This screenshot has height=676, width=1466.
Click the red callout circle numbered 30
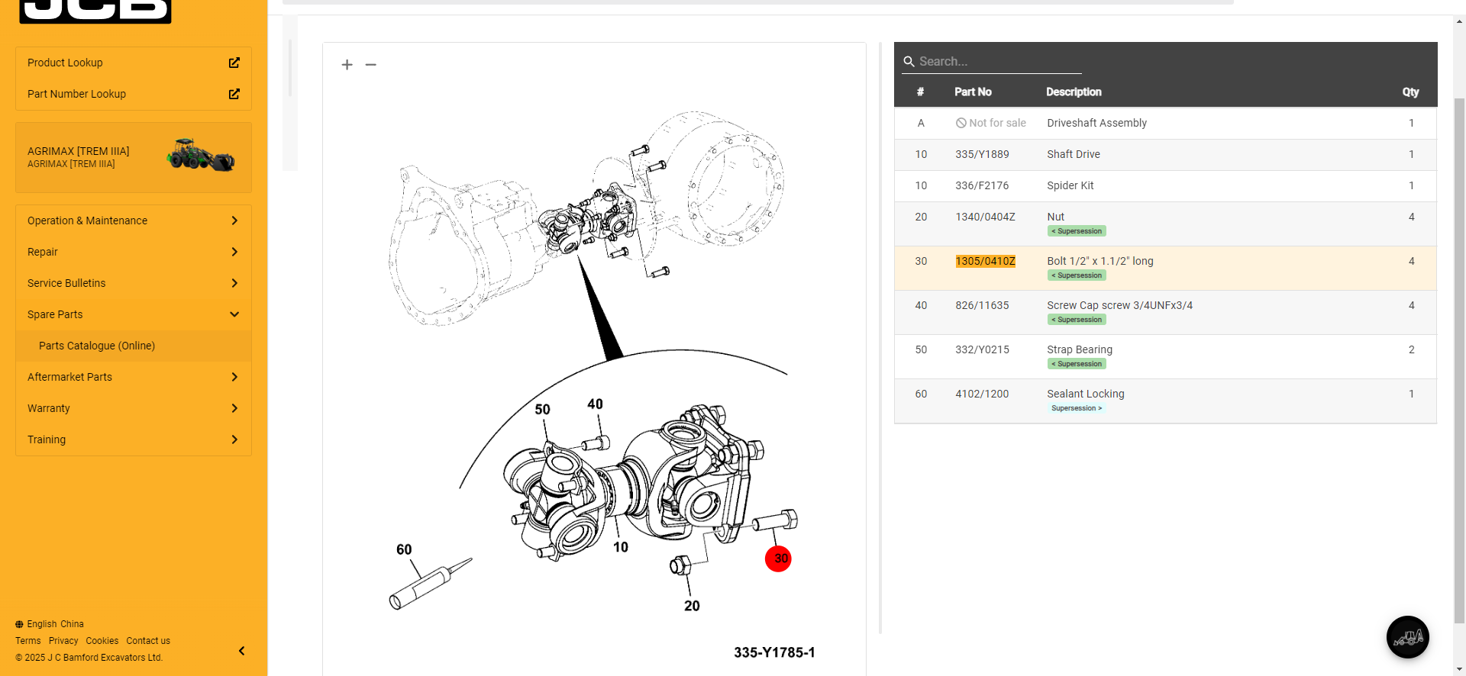point(778,559)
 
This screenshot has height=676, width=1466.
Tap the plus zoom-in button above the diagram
point(347,65)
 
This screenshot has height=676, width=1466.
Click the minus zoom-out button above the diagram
point(371,65)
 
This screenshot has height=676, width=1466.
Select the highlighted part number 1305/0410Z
point(985,261)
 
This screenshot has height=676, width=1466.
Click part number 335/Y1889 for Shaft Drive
point(982,154)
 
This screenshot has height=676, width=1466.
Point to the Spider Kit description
point(1070,185)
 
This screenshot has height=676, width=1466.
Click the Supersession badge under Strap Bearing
point(1077,364)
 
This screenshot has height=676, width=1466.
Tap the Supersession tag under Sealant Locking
point(1077,408)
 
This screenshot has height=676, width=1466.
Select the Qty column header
point(1410,92)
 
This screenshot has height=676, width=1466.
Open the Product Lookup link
point(65,63)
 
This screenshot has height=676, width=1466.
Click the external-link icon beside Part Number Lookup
point(234,94)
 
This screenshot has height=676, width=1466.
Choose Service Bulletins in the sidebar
point(66,283)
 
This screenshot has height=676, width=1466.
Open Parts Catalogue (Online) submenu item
point(97,346)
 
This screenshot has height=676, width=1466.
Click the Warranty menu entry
point(49,408)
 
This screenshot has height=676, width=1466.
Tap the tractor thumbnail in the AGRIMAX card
point(201,155)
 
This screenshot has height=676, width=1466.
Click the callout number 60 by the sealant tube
point(404,549)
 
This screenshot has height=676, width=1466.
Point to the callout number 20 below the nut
point(692,606)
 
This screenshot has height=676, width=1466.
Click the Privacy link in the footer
point(63,641)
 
